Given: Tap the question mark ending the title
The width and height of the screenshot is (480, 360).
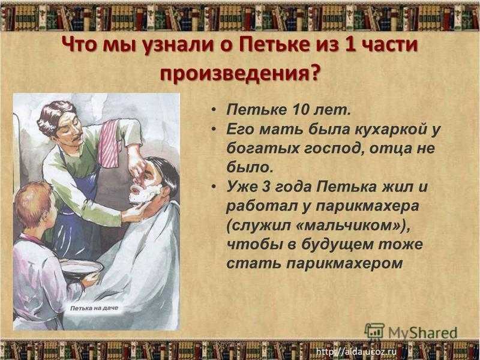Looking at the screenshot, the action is click(x=313, y=73).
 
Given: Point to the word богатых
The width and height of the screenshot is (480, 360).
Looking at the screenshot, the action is click(x=263, y=149).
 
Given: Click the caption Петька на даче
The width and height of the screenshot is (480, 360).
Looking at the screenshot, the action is click(x=94, y=308).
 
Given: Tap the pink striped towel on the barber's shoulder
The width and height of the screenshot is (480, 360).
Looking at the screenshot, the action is click(x=109, y=143).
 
